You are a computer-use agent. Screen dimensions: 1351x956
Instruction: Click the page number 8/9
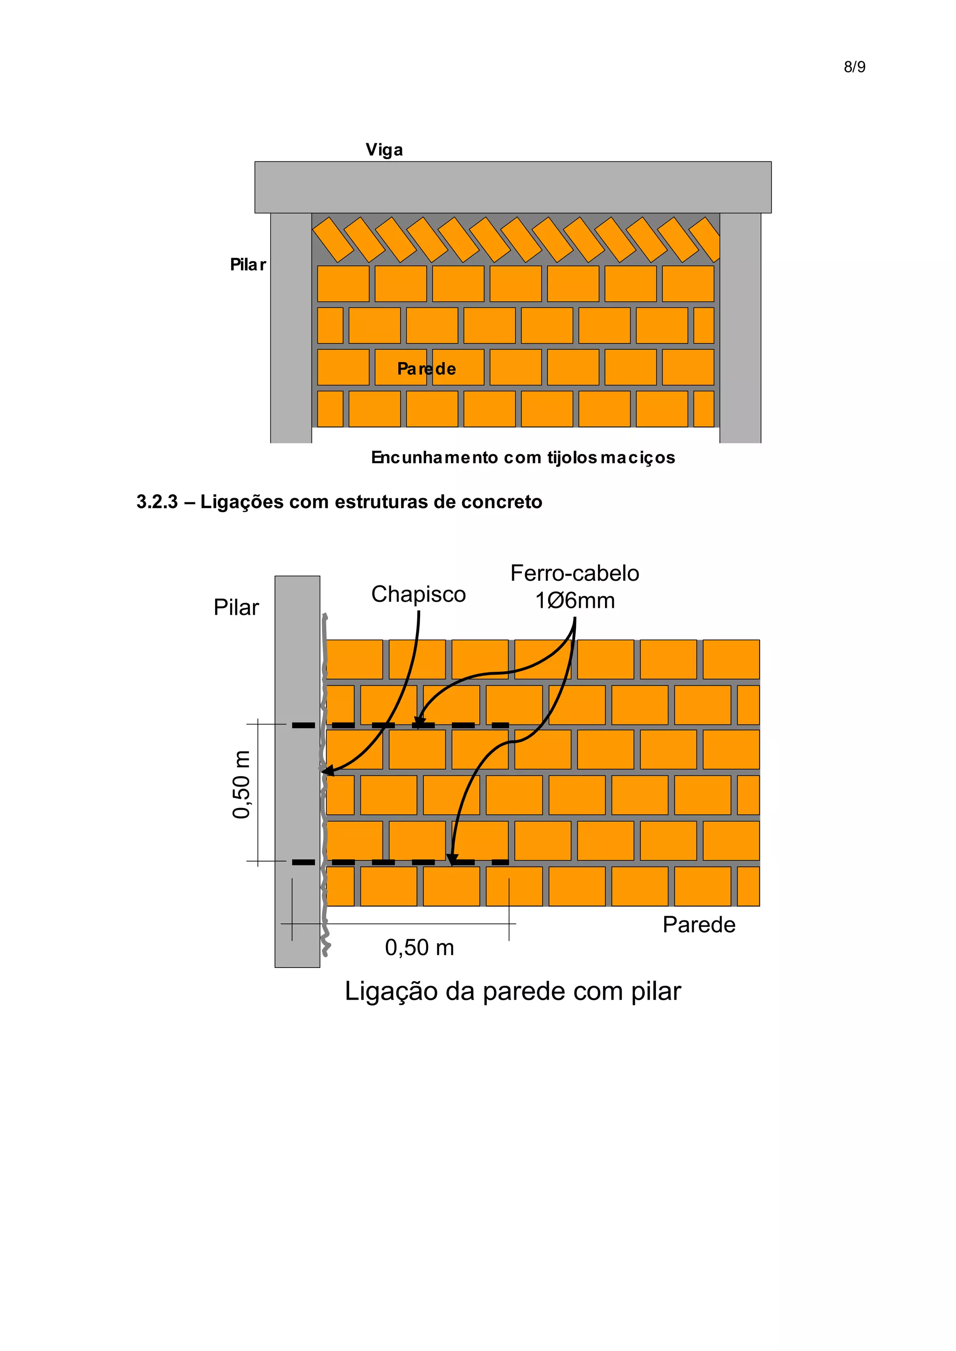[x=854, y=67]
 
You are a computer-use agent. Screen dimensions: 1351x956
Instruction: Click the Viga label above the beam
[x=384, y=150]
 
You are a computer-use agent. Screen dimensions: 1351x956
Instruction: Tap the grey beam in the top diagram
[x=512, y=187]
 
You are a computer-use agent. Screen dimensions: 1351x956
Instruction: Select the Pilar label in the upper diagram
[x=247, y=265]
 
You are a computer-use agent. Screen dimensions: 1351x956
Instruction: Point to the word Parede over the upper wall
[x=426, y=369]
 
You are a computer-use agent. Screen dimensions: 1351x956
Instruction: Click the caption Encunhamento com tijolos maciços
[x=523, y=458]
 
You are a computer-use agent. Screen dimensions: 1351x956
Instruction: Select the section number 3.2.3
[x=156, y=502]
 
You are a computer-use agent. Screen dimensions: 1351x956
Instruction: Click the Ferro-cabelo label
[x=575, y=574]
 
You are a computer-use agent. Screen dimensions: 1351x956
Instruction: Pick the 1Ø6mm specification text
[x=575, y=601]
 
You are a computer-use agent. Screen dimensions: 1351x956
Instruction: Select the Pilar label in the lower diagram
[x=236, y=608]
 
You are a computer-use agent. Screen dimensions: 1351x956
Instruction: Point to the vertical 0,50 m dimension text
[x=241, y=784]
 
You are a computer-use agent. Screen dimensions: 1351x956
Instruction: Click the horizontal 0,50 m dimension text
[x=419, y=948]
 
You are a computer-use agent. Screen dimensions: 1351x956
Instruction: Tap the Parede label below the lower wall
[x=699, y=925]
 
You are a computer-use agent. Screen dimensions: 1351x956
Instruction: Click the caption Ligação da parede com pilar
[x=512, y=991]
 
